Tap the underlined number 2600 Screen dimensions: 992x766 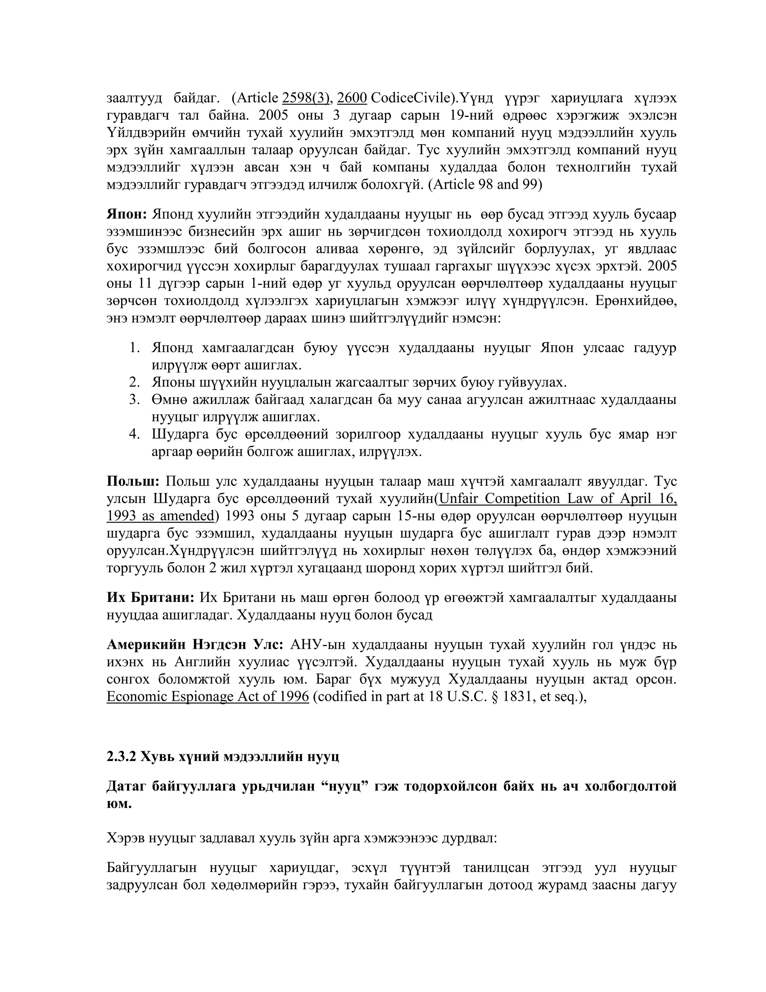(x=352, y=98)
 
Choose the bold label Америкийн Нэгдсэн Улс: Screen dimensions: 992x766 (x=195, y=645)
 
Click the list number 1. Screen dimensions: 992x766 (x=134, y=348)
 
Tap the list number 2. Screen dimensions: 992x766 (x=134, y=383)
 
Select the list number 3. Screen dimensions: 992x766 (x=134, y=400)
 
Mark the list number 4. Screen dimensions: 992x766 (x=134, y=435)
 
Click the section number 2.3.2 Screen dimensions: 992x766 (x=121, y=757)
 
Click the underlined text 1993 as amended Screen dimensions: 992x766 (x=160, y=516)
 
